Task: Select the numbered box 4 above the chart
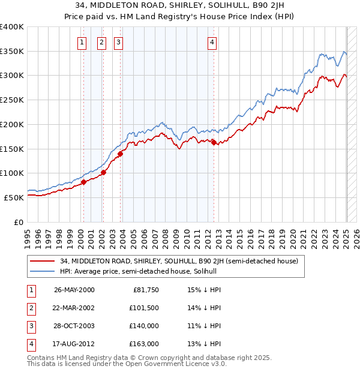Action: pyautogui.click(x=212, y=42)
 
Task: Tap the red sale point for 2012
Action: pyautogui.click(x=214, y=142)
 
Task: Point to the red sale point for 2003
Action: pyautogui.click(x=120, y=154)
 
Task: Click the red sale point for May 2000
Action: pyautogui.click(x=84, y=182)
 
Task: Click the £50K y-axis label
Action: pyautogui.click(x=14, y=197)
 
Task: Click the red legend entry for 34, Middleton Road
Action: pyautogui.click(x=174, y=261)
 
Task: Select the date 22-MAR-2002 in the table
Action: pyautogui.click(x=74, y=308)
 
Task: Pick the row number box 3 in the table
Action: pyautogui.click(x=30, y=326)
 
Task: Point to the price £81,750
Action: pyautogui.click(x=145, y=290)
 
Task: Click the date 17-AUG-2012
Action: pyautogui.click(x=74, y=344)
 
